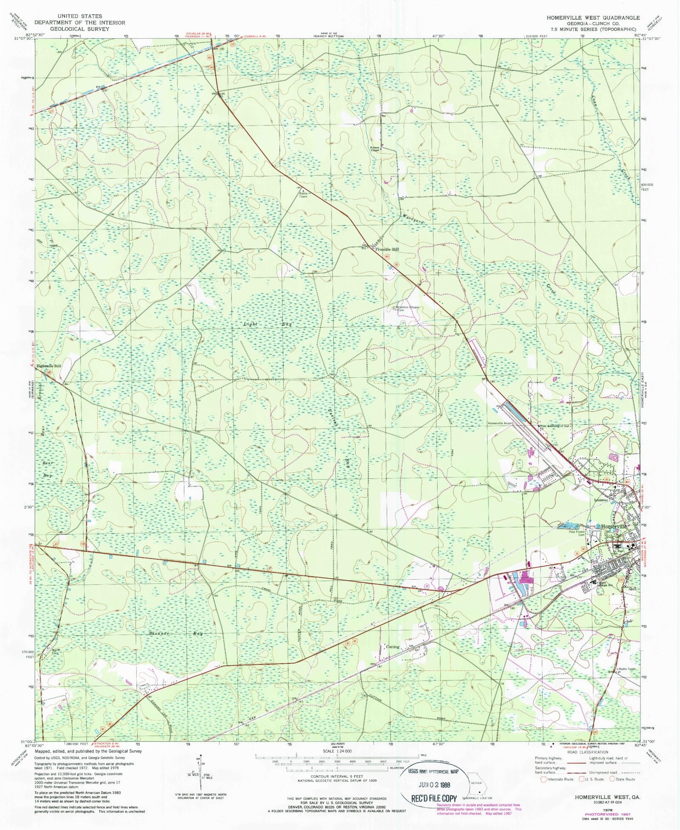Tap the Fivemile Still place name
point(387,249)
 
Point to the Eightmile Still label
point(49,365)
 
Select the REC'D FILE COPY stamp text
point(433,799)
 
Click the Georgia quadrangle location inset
point(476,788)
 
